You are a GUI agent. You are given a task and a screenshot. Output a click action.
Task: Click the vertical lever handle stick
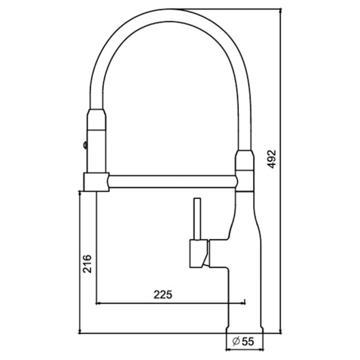pyautogui.click(x=196, y=219)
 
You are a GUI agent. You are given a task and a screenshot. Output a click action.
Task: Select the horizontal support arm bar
pyautogui.click(x=172, y=182)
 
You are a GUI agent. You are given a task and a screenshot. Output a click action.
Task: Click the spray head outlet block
pyautogui.click(x=95, y=182)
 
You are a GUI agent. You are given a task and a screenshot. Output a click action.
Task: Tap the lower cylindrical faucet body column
pyautogui.click(x=244, y=296)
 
